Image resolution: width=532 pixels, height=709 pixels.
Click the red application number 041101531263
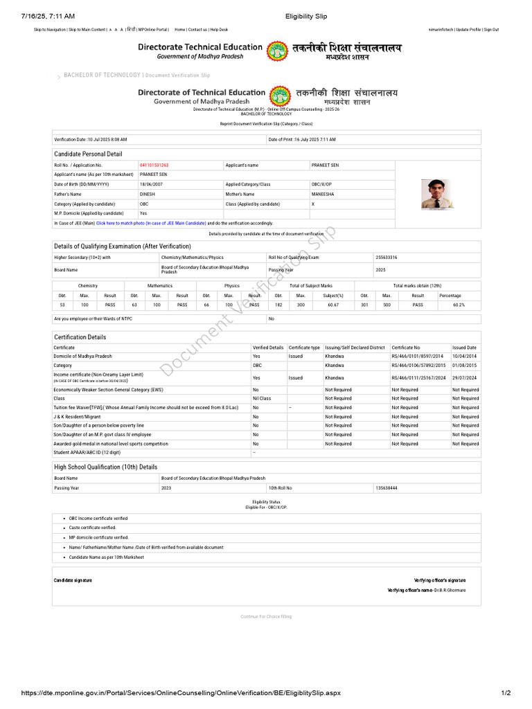coord(154,165)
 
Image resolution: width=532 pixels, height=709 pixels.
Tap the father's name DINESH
coord(148,195)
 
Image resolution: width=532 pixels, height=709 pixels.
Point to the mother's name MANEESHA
coord(323,195)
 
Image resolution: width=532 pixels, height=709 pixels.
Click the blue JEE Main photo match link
coord(151,224)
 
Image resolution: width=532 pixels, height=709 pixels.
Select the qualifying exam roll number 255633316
coord(387,258)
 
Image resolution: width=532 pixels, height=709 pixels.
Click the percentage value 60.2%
coord(459,305)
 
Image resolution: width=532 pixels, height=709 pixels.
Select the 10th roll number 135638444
coord(387,488)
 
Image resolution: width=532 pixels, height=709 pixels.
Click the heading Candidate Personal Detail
coord(88,154)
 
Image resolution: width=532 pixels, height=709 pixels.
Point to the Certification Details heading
coord(80,337)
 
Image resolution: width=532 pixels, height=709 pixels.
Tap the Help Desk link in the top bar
coord(219,30)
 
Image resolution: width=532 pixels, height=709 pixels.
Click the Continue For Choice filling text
coord(266,616)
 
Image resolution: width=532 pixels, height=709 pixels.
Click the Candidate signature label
coord(73,580)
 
